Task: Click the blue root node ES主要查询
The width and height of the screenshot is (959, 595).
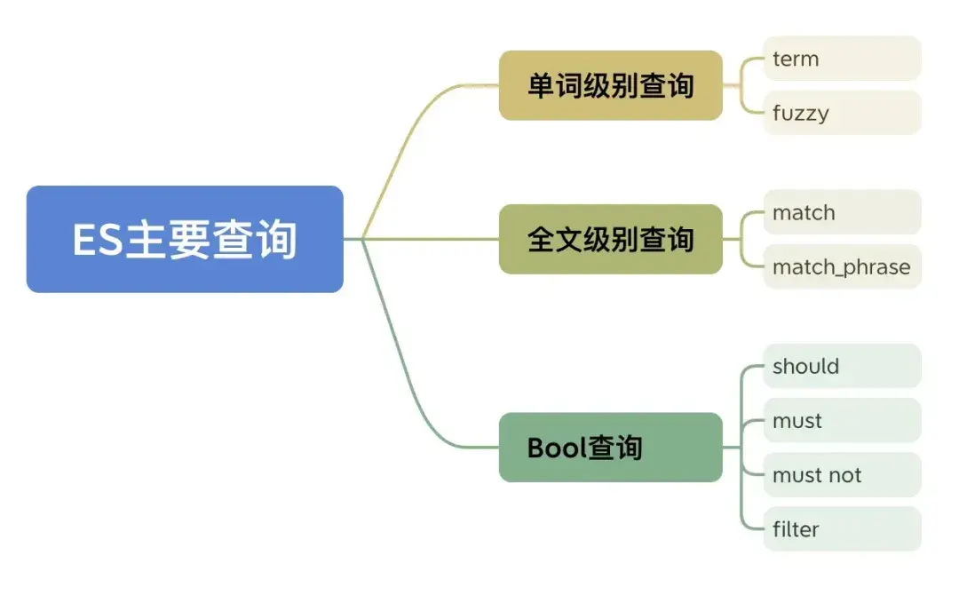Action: pyautogui.click(x=185, y=239)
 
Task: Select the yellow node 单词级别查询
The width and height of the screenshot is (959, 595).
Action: pyautogui.click(x=610, y=85)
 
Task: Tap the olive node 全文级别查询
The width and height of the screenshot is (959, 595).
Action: pyautogui.click(x=610, y=239)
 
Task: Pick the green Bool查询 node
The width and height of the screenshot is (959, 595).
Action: pyautogui.click(x=610, y=447)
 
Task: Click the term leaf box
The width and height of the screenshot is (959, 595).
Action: pyautogui.click(x=841, y=59)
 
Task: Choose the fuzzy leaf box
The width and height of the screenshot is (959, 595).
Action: pyautogui.click(x=841, y=113)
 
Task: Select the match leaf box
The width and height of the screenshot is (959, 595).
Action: pyautogui.click(x=841, y=212)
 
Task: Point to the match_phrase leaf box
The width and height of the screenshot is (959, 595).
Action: pyautogui.click(x=841, y=266)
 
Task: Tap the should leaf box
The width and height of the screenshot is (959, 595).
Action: pyautogui.click(x=841, y=366)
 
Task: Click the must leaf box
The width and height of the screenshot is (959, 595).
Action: pyautogui.click(x=841, y=420)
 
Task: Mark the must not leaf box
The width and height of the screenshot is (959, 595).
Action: pyautogui.click(x=841, y=475)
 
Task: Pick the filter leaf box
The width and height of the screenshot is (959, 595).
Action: pyautogui.click(x=841, y=529)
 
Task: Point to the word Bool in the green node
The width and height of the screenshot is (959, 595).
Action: pyautogui.click(x=557, y=447)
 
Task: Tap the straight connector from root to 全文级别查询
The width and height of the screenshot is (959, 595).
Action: pyautogui.click(x=435, y=239)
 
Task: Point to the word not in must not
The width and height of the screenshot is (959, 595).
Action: pyautogui.click(x=844, y=475)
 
